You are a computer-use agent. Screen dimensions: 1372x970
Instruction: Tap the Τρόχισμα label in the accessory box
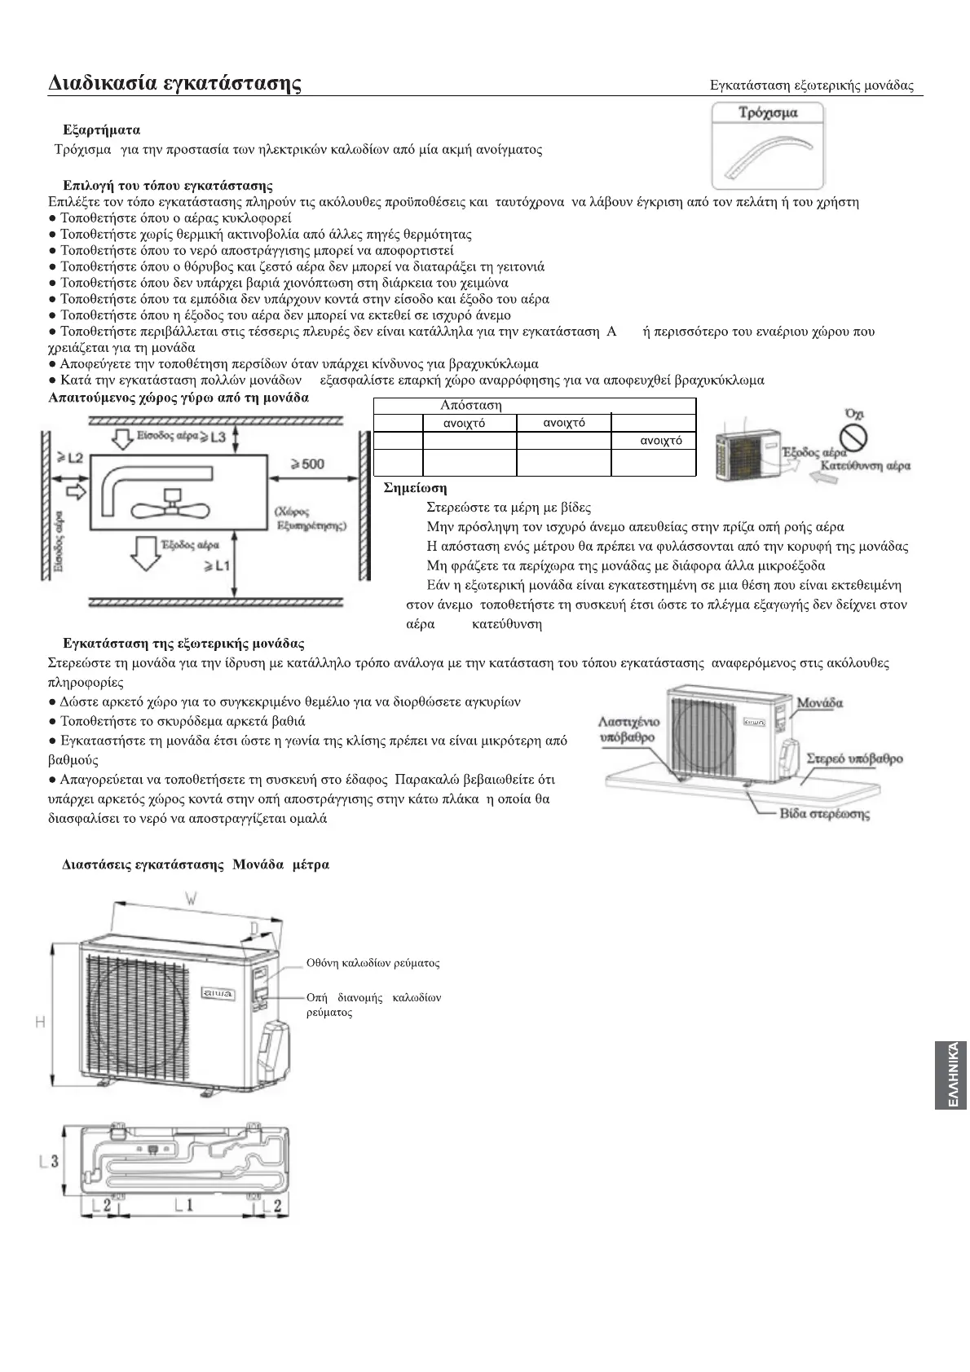[x=767, y=113]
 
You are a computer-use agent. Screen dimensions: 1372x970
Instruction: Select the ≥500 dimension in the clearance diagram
[x=306, y=464]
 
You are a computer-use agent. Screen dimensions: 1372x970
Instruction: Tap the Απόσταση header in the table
[x=470, y=405]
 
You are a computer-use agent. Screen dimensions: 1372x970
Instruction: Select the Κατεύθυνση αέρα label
[x=865, y=466]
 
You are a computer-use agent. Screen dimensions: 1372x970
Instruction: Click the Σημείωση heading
[x=415, y=488]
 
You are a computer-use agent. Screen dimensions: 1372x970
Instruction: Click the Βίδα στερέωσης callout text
[x=824, y=813]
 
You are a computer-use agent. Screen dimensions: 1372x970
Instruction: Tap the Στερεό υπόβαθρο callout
[x=854, y=759]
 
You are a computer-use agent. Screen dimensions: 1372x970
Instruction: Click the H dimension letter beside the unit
[x=39, y=1022]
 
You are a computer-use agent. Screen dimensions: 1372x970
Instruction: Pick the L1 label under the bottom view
[x=184, y=1204]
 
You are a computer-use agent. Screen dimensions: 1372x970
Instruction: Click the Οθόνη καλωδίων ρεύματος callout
[x=373, y=963]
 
